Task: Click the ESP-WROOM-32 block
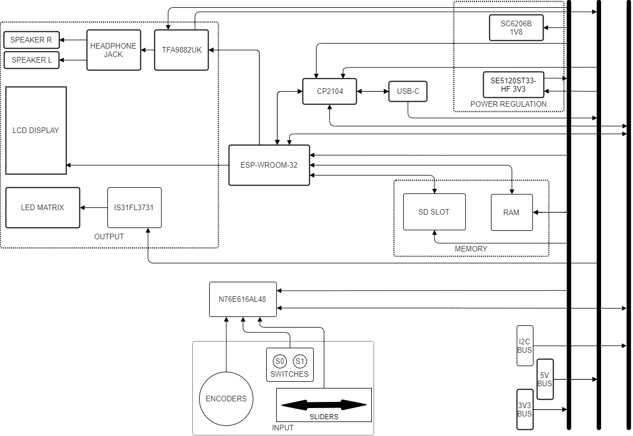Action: tap(270, 165)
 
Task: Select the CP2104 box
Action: tap(329, 91)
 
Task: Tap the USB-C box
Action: tap(408, 91)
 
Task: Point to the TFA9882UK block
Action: tap(181, 50)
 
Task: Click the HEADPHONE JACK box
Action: tap(114, 50)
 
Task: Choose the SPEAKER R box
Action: tap(31, 40)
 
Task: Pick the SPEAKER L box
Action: tap(31, 60)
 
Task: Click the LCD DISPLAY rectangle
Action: tap(36, 130)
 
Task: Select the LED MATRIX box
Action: tap(42, 207)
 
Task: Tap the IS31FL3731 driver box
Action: tap(134, 207)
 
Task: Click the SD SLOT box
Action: tap(434, 212)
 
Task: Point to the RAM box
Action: tap(512, 212)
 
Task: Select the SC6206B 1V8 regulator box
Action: tap(516, 28)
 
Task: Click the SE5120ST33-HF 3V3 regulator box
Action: tap(513, 85)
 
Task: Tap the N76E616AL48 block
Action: tap(243, 299)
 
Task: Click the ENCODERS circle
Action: tap(226, 399)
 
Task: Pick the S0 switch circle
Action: tap(280, 361)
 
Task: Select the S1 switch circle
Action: tap(300, 361)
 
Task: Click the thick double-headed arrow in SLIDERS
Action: tap(324, 405)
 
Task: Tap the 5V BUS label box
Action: tap(545, 380)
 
